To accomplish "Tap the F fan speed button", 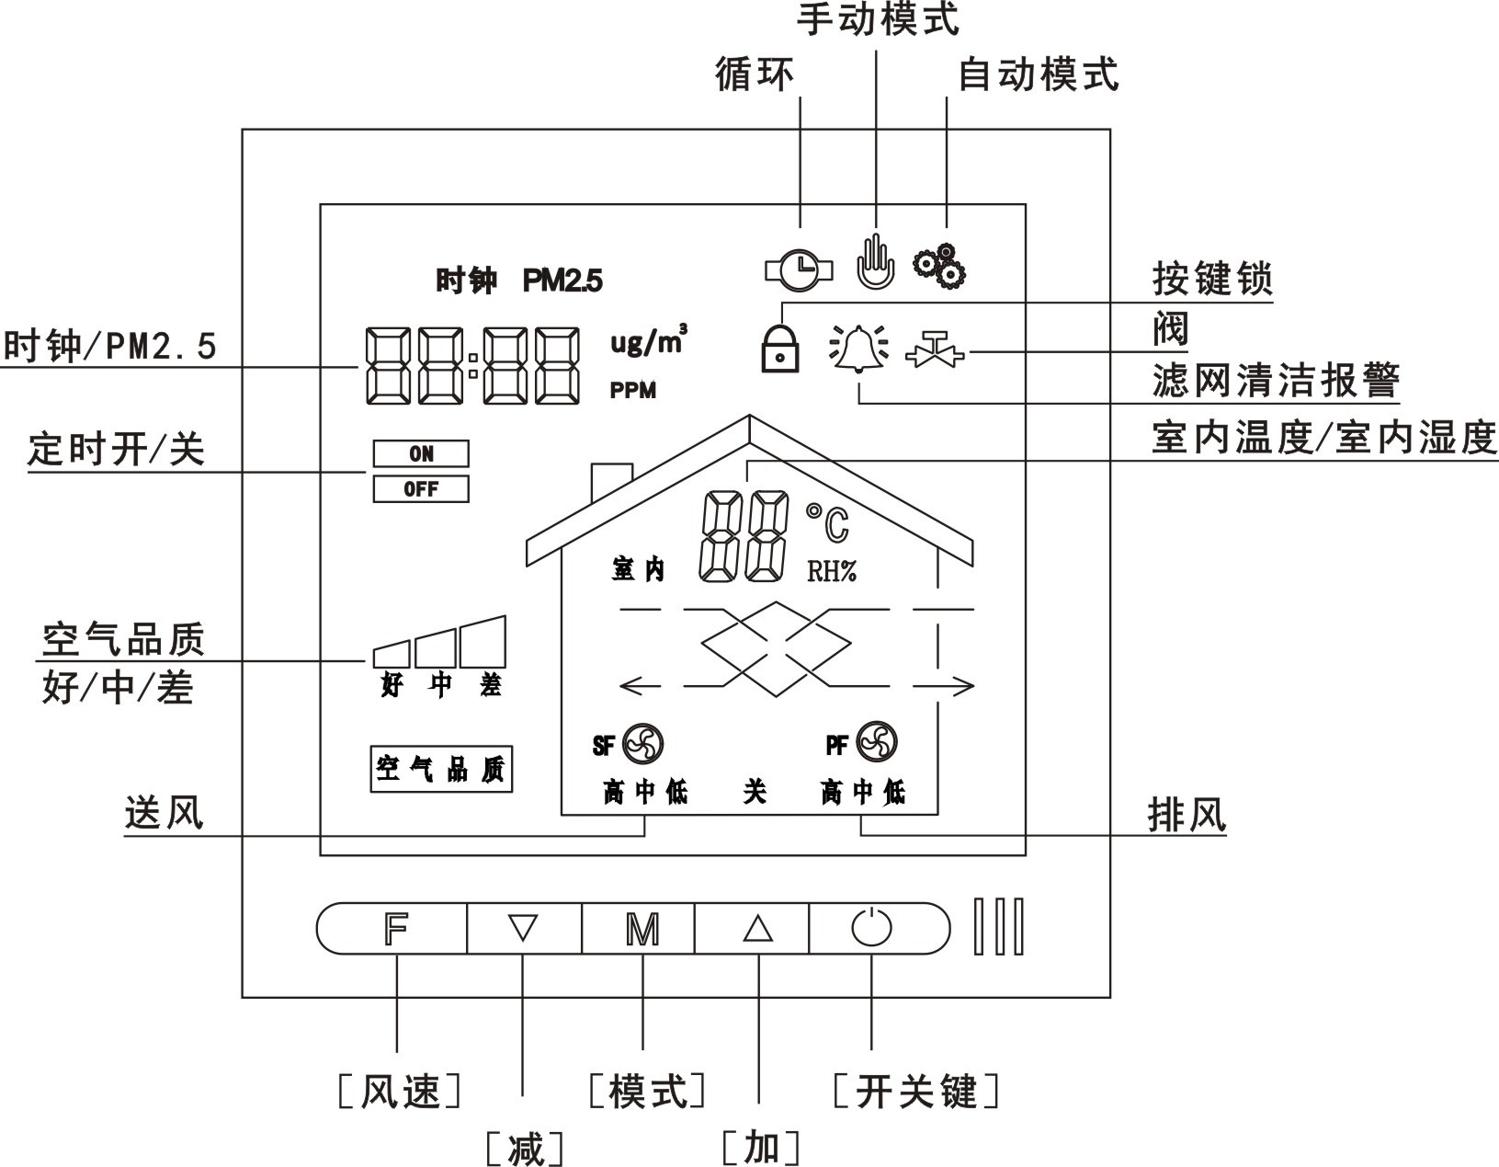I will pos(395,929).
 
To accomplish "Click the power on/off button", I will pos(871,929).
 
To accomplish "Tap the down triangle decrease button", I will pos(523,929).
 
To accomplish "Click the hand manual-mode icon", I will pos(875,261).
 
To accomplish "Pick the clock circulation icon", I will pos(800,269).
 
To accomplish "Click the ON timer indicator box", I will pos(421,453).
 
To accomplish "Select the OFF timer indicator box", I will pos(421,489).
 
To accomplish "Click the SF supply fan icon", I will pos(642,743).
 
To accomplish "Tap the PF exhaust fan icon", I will pos(876,742).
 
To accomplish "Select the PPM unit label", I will pos(633,391).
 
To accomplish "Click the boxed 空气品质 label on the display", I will pos(441,769).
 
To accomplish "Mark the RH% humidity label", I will pos(832,572).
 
